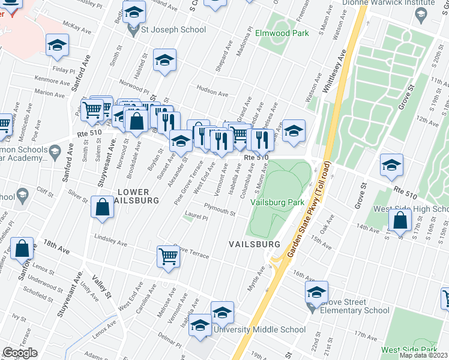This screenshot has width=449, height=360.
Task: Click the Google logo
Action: tap(20, 353)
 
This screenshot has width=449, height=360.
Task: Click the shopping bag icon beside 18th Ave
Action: tap(22, 248)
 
